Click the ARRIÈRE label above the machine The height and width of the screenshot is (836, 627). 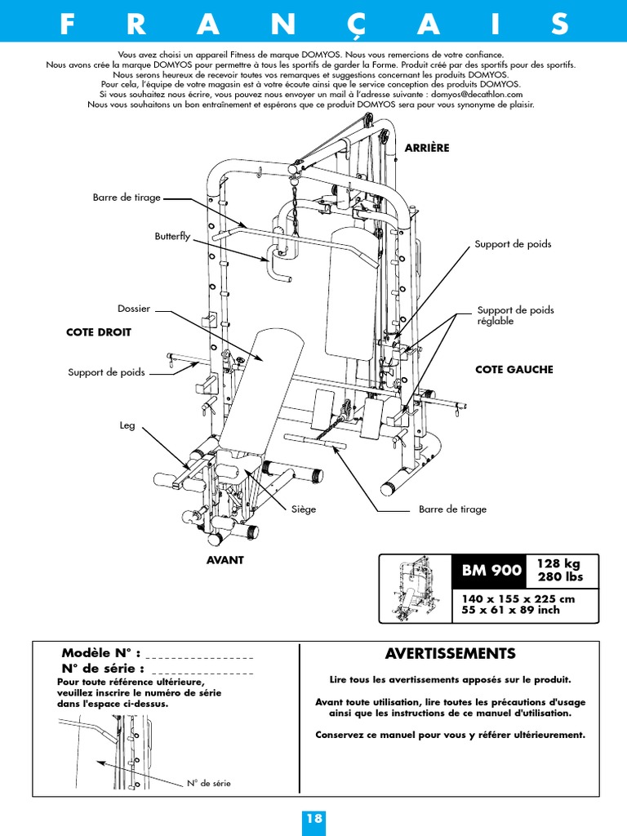pyautogui.click(x=427, y=148)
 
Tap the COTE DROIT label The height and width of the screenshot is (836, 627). pyautogui.click(x=98, y=332)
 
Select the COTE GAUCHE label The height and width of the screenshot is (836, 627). pyautogui.click(x=514, y=369)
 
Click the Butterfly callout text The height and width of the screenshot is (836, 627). pyautogui.click(x=172, y=236)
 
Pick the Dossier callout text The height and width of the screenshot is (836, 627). pyautogui.click(x=134, y=309)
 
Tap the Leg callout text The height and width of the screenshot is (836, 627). pyautogui.click(x=127, y=425)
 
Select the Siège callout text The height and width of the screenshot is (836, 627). pyautogui.click(x=304, y=509)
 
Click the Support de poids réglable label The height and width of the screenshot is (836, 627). pyautogui.click(x=515, y=315)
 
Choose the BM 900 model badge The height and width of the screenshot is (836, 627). pyautogui.click(x=491, y=571)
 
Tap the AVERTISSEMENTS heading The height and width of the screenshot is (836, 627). pyautogui.click(x=450, y=654)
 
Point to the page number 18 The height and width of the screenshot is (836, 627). pyautogui.click(x=313, y=819)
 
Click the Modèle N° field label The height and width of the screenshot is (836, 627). pyautogui.click(x=102, y=653)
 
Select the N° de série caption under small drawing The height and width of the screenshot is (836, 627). pyautogui.click(x=208, y=783)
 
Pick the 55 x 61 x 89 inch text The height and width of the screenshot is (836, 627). pyautogui.click(x=500, y=610)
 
